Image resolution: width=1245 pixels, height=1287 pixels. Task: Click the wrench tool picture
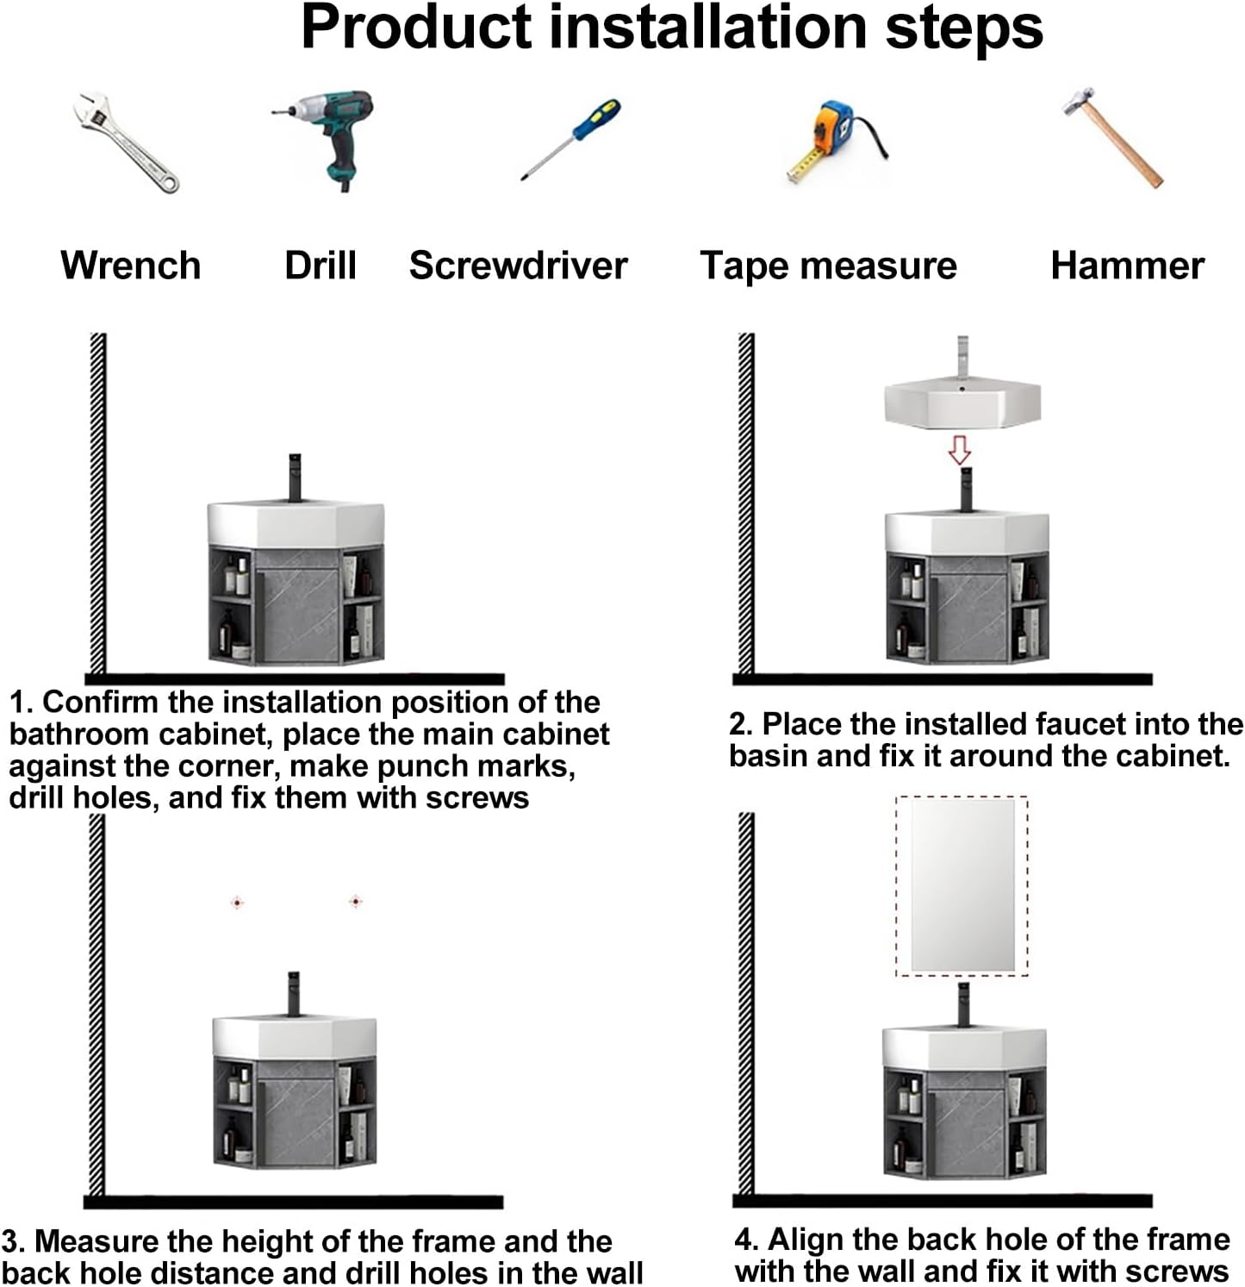pos(126,141)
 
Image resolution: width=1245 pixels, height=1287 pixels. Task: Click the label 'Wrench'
pos(131,265)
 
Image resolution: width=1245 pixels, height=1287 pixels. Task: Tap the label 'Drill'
pos(321,265)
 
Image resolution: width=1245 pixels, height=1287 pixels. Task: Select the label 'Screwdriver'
pos(519,265)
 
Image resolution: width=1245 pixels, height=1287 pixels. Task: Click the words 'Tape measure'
pos(829,266)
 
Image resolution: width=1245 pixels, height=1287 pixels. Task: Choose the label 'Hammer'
pos(1127,265)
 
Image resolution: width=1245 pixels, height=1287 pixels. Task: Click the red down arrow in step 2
pos(960,449)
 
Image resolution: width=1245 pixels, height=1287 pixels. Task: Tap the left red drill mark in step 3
pos(238,903)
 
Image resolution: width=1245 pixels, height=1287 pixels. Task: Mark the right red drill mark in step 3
pos(355,902)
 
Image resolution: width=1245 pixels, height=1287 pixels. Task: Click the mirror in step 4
pos(962,885)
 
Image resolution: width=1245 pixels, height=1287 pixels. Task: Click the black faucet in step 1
pos(295,476)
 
